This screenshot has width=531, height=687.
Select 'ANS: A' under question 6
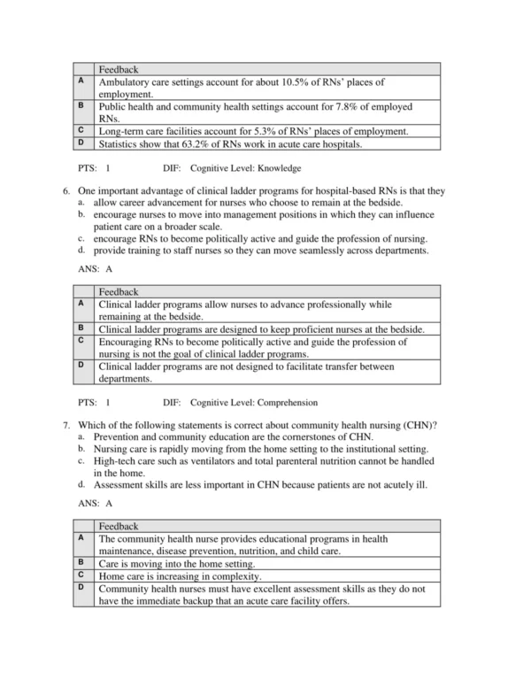(x=96, y=267)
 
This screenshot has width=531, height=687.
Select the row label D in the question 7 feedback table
(x=81, y=587)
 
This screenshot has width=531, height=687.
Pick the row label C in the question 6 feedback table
(x=81, y=340)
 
